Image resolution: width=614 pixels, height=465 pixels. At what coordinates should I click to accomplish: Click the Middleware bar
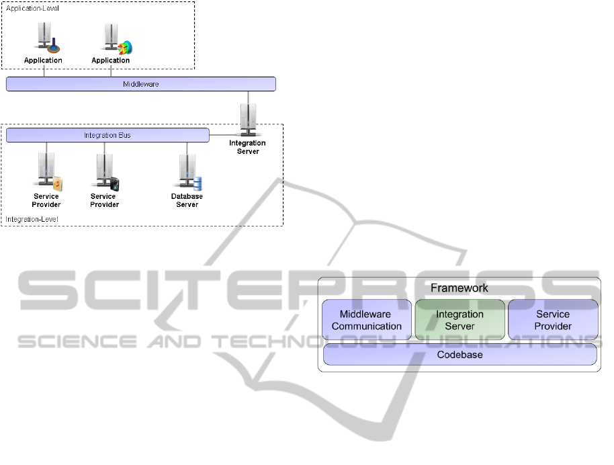pyautogui.click(x=141, y=84)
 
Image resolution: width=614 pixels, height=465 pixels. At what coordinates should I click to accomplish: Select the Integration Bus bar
pyautogui.click(x=107, y=135)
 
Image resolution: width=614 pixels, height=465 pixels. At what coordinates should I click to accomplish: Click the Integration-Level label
pyautogui.click(x=32, y=219)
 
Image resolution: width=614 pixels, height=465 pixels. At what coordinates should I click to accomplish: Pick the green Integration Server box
pyautogui.click(x=460, y=320)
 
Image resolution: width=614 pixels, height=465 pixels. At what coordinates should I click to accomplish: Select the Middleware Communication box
pyautogui.click(x=367, y=320)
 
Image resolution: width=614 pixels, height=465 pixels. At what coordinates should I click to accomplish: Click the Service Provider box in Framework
pyautogui.click(x=553, y=320)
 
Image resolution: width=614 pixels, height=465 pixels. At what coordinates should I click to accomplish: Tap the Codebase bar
pyautogui.click(x=460, y=355)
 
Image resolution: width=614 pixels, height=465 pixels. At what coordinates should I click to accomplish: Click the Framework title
pyautogui.click(x=459, y=288)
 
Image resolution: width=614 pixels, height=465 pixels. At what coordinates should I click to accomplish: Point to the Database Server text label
pyautogui.click(x=187, y=200)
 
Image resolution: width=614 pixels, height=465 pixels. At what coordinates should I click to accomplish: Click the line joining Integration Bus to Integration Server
pyautogui.click(x=225, y=135)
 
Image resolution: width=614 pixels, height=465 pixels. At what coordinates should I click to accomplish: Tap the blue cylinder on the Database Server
pyautogui.click(x=198, y=182)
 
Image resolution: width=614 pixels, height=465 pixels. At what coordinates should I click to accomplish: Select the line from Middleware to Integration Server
pyautogui.click(x=249, y=97)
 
